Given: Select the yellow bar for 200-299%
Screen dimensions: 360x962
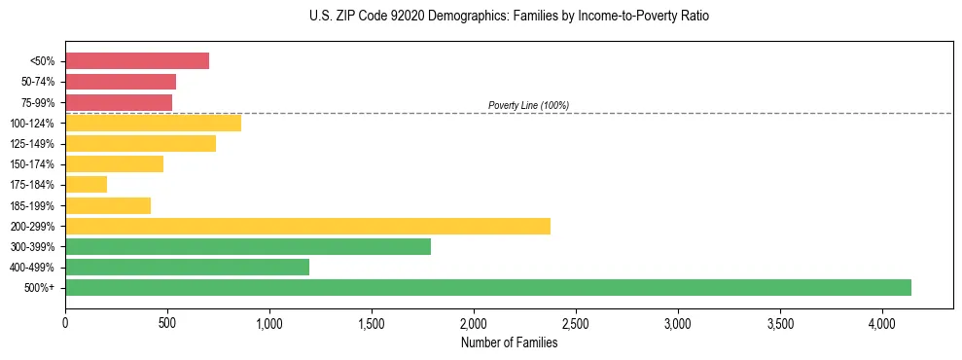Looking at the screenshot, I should coord(307,226).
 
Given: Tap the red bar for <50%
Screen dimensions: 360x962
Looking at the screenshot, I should coord(137,60).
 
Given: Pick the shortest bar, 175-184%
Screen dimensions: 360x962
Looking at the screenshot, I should coord(86,184).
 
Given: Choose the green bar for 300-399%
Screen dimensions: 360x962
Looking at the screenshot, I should coord(248,246).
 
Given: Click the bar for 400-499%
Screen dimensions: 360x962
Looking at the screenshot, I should coord(187,267).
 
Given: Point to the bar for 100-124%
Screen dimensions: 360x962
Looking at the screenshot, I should coord(153,123).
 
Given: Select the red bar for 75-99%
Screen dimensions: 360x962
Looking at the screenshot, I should coord(119,102).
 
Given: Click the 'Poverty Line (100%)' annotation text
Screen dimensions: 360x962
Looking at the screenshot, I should coord(528,105).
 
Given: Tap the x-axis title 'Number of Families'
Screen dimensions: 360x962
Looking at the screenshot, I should coord(509,342).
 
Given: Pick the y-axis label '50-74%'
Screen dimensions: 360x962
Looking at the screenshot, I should coord(38,82).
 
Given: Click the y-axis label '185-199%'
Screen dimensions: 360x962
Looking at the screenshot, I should coord(35,205).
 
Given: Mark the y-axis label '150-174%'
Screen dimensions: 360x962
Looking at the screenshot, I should coord(35,164).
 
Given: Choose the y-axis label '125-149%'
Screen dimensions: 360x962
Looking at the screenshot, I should coord(35,144).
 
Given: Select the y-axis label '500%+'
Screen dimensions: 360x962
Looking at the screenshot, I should coord(40,288).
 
